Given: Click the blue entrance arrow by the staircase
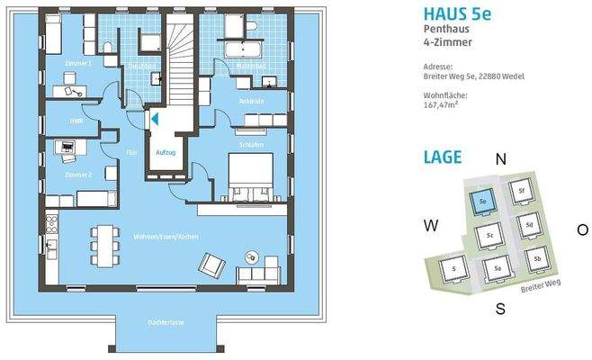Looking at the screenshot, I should (x=155, y=117).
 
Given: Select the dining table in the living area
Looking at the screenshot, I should (x=103, y=241).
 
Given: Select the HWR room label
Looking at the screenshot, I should (x=64, y=121).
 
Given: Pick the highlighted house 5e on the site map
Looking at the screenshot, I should (x=483, y=201).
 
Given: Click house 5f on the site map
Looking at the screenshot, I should (x=519, y=191).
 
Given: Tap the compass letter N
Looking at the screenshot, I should (x=500, y=159).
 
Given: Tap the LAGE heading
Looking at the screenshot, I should (x=443, y=157).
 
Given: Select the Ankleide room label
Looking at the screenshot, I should (x=252, y=102).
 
